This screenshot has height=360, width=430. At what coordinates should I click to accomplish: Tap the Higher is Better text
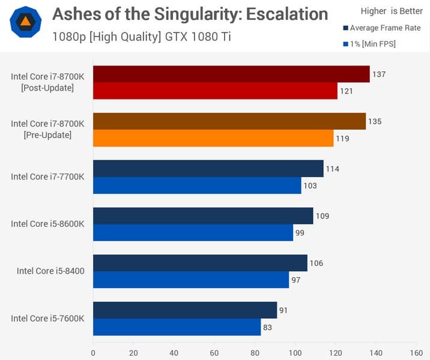(392, 11)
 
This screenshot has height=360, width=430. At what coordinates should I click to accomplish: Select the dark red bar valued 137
(231, 74)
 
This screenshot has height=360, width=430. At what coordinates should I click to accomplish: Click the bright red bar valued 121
(215, 91)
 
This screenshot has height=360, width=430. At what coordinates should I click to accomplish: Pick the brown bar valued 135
(229, 121)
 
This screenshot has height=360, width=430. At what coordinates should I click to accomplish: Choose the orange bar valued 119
(213, 138)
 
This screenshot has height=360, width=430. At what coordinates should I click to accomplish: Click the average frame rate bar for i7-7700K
(208, 169)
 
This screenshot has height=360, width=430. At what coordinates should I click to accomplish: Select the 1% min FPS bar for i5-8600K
(193, 232)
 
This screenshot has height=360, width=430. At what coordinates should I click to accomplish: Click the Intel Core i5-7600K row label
(47, 318)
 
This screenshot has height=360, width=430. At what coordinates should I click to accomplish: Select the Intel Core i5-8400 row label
(50, 271)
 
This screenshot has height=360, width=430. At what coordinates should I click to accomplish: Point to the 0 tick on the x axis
(93, 353)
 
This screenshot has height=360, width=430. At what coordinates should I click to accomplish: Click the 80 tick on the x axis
(255, 353)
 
